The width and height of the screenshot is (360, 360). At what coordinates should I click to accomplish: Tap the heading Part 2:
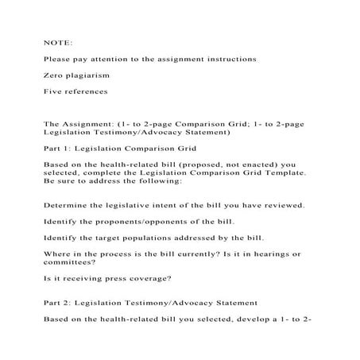pos(59,303)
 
